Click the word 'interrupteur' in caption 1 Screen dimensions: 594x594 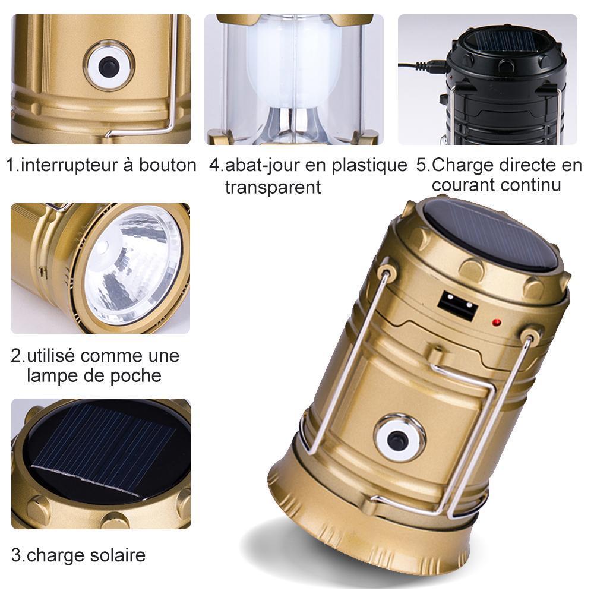pos(69,165)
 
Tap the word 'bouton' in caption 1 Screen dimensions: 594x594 pos(168,165)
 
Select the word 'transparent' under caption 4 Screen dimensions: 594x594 pos(273,187)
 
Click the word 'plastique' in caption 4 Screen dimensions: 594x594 pos(369,166)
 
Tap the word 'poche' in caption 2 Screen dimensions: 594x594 pos(138,376)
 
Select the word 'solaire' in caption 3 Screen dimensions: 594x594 pos(118,555)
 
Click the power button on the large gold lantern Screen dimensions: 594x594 pos(398,440)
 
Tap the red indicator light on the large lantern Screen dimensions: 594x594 pos(496,323)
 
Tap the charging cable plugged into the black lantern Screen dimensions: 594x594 pos(424,67)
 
